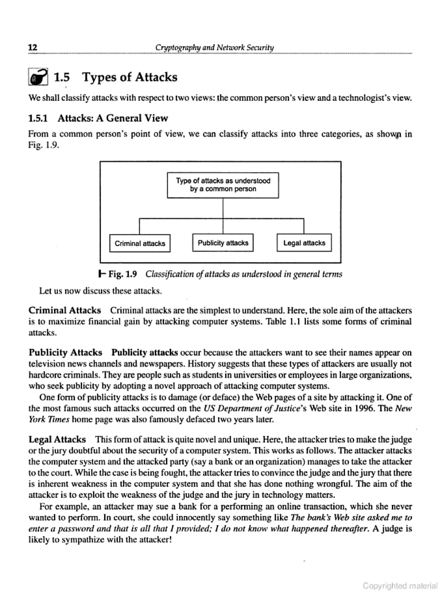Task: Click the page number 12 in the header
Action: (33, 47)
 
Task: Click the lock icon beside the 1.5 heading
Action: (38, 77)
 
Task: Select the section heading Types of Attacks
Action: (130, 77)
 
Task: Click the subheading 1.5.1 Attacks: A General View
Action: (98, 118)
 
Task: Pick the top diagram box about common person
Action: (223, 185)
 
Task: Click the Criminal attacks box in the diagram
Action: (140, 243)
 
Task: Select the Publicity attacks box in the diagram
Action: (223, 243)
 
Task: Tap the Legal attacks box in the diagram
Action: (304, 243)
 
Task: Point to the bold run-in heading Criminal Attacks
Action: (65, 310)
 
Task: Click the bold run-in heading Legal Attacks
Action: (57, 439)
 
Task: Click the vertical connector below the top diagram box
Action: (223, 208)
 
